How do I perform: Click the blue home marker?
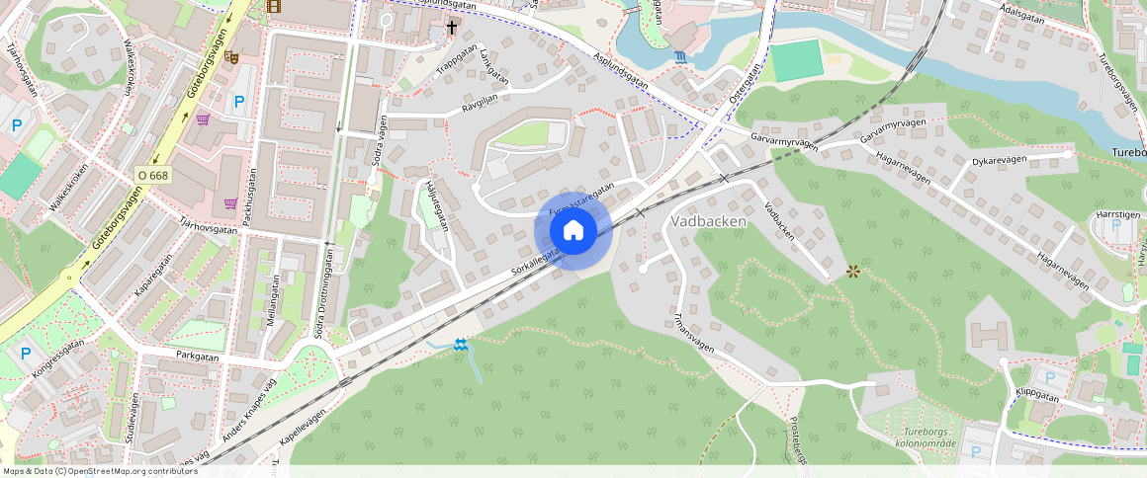[x=573, y=231]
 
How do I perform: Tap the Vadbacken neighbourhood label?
[x=708, y=221]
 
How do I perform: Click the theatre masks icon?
[x=231, y=57]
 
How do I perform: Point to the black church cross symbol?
[x=452, y=28]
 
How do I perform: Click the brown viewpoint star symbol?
[x=852, y=270]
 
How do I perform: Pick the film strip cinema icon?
[x=274, y=6]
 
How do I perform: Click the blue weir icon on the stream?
[x=460, y=345]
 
